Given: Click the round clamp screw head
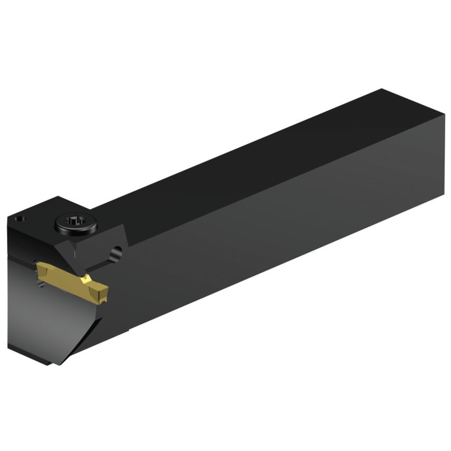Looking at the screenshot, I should [x=76, y=225].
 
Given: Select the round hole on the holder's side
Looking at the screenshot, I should [x=116, y=252].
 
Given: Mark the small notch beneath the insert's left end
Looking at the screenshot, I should [x=40, y=285].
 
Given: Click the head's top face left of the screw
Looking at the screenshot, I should [x=37, y=214].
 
